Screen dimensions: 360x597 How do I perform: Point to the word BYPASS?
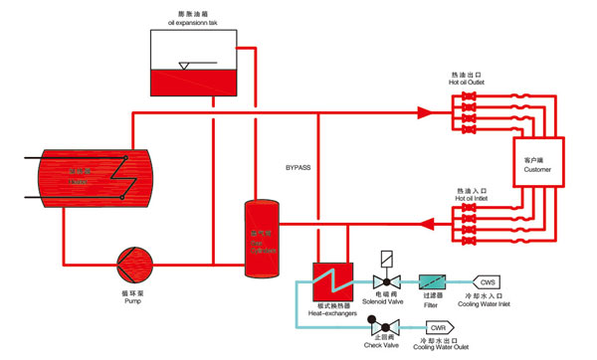point(299,168)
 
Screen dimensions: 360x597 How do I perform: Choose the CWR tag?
point(439,327)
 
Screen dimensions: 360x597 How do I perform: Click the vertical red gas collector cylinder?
point(261,239)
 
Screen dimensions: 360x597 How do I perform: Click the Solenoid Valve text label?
point(383,302)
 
